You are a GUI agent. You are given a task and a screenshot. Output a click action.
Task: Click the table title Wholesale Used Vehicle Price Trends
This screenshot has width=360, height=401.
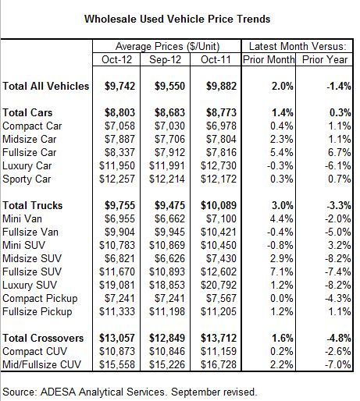point(177,20)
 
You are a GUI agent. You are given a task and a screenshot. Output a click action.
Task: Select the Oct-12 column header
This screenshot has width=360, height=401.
point(116,59)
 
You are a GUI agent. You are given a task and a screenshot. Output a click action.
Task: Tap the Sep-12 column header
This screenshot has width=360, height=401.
point(165,59)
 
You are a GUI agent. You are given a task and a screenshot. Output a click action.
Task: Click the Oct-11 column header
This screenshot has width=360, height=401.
point(216,59)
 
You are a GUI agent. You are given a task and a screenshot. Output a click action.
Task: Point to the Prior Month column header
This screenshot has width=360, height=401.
point(269,59)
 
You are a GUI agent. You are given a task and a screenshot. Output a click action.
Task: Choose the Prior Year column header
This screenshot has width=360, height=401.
point(325,59)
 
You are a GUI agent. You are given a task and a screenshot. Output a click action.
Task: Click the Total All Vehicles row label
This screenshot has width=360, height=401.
point(46,86)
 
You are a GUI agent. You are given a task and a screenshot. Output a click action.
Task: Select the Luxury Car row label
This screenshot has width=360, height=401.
point(27,166)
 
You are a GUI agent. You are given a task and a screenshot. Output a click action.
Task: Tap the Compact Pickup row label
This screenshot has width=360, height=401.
point(40,299)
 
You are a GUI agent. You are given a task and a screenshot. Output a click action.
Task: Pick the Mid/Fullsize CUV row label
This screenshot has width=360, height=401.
point(42,364)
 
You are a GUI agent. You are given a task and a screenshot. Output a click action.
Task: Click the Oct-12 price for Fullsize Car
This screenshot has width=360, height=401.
point(119,153)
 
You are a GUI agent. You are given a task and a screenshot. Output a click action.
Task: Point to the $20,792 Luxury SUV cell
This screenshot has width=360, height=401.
point(219,286)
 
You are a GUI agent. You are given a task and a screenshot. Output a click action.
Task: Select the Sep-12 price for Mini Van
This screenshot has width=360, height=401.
point(169,219)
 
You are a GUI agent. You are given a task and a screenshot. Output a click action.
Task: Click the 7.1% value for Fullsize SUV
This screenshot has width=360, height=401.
point(282,272)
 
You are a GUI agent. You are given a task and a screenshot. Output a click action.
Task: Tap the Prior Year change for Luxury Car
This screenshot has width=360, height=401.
point(338,166)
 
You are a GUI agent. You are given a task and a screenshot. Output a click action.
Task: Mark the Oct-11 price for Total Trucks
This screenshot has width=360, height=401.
point(219,206)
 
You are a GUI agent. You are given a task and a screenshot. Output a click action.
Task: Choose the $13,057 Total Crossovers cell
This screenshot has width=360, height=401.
point(117,338)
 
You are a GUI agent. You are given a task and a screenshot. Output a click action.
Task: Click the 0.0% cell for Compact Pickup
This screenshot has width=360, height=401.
point(282,299)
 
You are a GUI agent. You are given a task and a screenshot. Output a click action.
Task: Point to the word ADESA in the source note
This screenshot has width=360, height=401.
point(58,392)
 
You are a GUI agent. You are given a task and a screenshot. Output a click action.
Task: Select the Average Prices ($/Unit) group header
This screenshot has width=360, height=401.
point(167,46)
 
